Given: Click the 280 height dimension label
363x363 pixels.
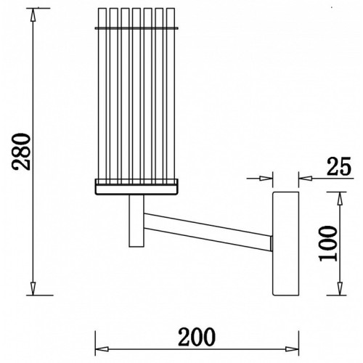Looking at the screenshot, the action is pos(22,152).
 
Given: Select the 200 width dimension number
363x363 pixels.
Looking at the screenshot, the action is pos(197,337).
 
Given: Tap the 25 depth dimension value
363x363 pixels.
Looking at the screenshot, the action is pos(339,166).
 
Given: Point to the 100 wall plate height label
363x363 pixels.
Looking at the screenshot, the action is pos(328,244).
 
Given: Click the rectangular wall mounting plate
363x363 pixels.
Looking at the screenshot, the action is pos(286,243).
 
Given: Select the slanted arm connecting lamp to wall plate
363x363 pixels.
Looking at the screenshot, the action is pos(208,232).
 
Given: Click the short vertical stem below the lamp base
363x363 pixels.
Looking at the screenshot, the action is pos(136,221).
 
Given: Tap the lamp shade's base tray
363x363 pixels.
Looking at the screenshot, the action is pos(137,187).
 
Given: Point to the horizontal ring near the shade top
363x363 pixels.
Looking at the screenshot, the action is pos(137,28).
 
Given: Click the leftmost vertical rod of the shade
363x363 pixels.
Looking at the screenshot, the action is pos(102,97).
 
